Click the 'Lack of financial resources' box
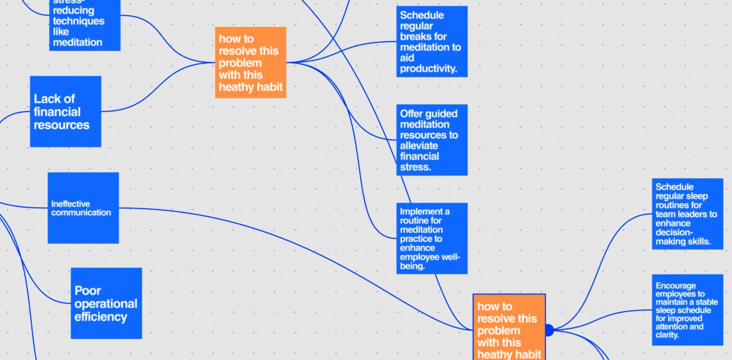pyautogui.click(x=66, y=112)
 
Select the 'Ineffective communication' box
pyautogui.click(x=83, y=208)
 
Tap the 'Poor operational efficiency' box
pyautogui.click(x=106, y=303)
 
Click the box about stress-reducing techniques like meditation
pyautogui.click(x=85, y=26)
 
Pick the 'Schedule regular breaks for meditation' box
pyautogui.click(x=432, y=42)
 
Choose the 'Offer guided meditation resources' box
pyautogui.click(x=432, y=140)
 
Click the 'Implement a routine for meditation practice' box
pyautogui.click(x=432, y=239)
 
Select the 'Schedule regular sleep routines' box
pyautogui.click(x=687, y=214)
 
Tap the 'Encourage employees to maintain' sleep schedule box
pyautogui.click(x=687, y=310)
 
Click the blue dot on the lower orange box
pyautogui.click(x=549, y=330)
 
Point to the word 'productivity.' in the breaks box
pyautogui.click(x=428, y=68)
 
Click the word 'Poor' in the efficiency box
pyautogui.click(x=87, y=290)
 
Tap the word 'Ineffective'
pyautogui.click(x=70, y=204)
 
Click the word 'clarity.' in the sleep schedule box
pyautogui.click(x=667, y=335)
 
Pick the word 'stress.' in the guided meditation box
pyautogui.click(x=415, y=167)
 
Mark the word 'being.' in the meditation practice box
pyautogui.click(x=412, y=266)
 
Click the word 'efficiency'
pyautogui.click(x=101, y=317)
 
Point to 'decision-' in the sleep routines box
pyautogui.click(x=674, y=232)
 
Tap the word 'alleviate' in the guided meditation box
pyautogui.click(x=419, y=146)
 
